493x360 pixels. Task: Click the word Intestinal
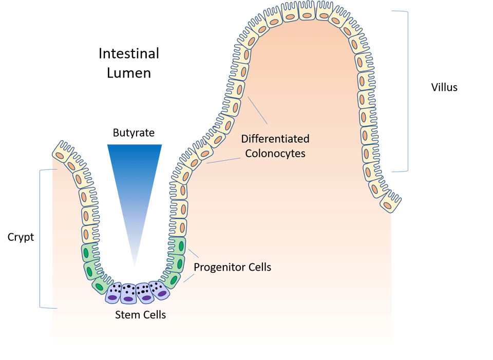coord(128,53)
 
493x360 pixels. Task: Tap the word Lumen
coord(129,73)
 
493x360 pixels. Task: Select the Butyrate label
coord(134,133)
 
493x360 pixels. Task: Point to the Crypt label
coord(21,237)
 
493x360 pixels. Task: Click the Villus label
coord(444,87)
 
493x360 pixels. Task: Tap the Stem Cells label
coord(140,315)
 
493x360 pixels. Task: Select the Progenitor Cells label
coord(232,268)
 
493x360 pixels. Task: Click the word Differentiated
coord(275,139)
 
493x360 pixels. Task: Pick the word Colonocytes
coord(275,153)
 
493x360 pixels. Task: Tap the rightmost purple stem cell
coord(161,291)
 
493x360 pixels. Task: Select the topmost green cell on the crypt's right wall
coord(179,246)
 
